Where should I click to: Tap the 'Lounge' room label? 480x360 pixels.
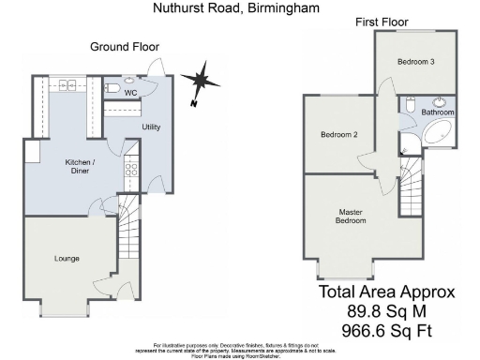(x=67, y=258)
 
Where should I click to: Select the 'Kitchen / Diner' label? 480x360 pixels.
(x=80, y=166)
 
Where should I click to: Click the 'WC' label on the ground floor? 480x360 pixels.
(x=131, y=93)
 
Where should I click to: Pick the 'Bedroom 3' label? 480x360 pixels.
(x=414, y=62)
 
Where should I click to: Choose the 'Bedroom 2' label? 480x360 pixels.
(x=339, y=135)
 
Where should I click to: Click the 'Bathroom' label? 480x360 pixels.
(x=437, y=112)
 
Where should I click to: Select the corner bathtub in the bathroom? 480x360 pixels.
(x=437, y=133)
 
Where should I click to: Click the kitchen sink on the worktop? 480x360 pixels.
(x=67, y=86)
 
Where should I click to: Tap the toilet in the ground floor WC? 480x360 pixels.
(x=112, y=89)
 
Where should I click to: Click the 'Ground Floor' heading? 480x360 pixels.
(x=125, y=46)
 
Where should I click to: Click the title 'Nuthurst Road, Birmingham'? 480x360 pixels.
(x=235, y=7)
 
